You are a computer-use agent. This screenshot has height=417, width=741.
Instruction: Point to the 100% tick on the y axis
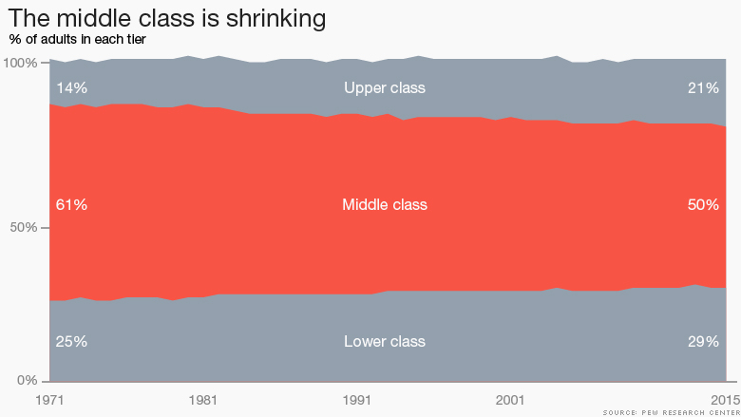pos(19,63)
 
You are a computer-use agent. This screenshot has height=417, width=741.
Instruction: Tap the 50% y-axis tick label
pos(23,228)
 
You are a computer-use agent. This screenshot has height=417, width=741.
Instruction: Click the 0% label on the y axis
pos(27,381)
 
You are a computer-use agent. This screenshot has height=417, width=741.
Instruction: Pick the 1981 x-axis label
pos(203,399)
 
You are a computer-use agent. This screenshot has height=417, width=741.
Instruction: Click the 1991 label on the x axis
pos(356,399)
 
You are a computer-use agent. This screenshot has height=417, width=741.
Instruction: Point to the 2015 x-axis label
pos(724,399)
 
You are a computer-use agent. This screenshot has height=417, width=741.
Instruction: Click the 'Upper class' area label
pos(385,88)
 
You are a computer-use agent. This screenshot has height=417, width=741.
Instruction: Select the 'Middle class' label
pos(385,205)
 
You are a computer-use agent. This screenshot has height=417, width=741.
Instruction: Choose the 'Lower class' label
pos(385,342)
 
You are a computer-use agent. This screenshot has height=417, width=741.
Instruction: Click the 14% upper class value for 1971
pos(71,88)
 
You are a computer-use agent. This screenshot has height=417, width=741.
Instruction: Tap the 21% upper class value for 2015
pos(703,88)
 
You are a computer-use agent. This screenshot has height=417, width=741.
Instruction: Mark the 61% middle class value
pos(71,205)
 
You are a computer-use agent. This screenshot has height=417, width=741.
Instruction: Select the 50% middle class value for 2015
pos(703,205)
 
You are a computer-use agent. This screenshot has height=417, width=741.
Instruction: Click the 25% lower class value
pos(71,342)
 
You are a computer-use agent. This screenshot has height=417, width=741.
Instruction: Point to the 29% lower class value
pos(703,342)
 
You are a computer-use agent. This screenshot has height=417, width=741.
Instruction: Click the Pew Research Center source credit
pos(670,412)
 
